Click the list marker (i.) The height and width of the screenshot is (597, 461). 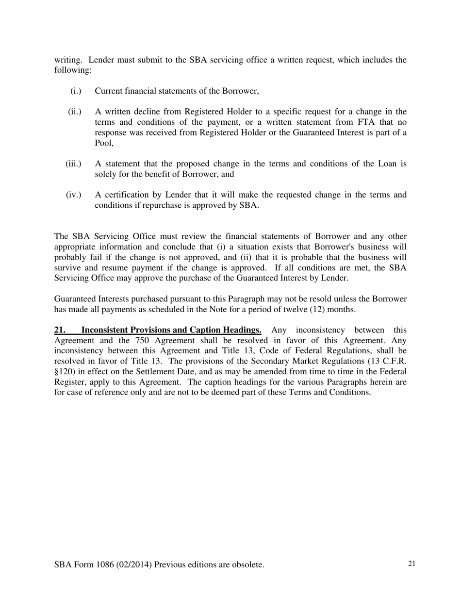point(76,91)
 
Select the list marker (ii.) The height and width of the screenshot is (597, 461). point(75,112)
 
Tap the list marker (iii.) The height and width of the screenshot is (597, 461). point(73,164)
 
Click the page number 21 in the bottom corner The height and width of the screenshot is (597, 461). point(412,564)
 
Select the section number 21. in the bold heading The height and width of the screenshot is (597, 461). point(60,330)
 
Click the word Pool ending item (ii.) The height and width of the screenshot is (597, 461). point(103,143)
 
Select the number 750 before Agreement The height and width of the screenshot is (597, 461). point(141,340)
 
